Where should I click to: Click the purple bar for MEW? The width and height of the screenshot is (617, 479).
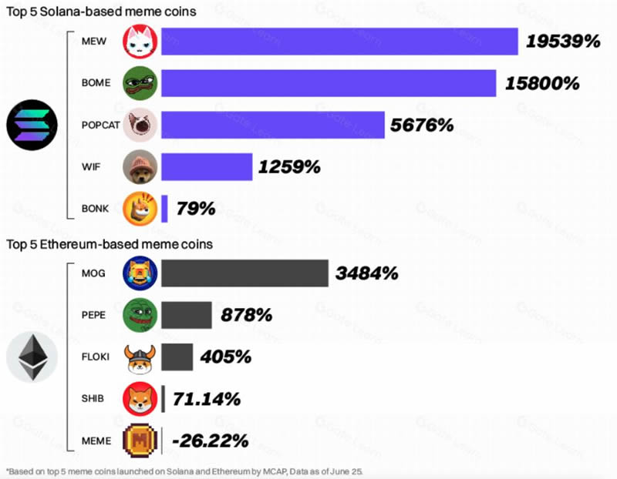coord(339,42)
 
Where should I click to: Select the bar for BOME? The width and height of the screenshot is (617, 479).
coord(329,82)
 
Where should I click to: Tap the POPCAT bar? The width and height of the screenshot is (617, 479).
coord(272,125)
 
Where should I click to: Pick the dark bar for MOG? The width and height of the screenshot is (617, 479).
coord(244,273)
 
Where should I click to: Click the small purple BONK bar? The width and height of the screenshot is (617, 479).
coord(165,209)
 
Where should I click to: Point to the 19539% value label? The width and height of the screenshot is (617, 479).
coord(563,42)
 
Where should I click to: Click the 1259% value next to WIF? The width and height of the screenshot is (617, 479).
coord(290,166)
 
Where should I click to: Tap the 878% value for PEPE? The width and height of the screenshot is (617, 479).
coord(246,314)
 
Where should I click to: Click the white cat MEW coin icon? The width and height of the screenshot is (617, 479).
coord(140,42)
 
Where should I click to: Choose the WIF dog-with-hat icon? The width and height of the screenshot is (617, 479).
coord(140,166)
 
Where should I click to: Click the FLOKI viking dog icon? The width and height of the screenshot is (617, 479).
coord(140,357)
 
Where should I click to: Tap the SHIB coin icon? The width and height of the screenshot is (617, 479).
coord(140,398)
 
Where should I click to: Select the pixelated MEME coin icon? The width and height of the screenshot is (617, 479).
coord(140,440)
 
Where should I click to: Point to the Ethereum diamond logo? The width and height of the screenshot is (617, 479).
coord(32,357)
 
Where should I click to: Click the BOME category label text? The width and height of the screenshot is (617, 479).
coord(96,82)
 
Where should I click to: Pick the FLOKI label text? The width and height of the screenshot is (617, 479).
coord(96,357)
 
